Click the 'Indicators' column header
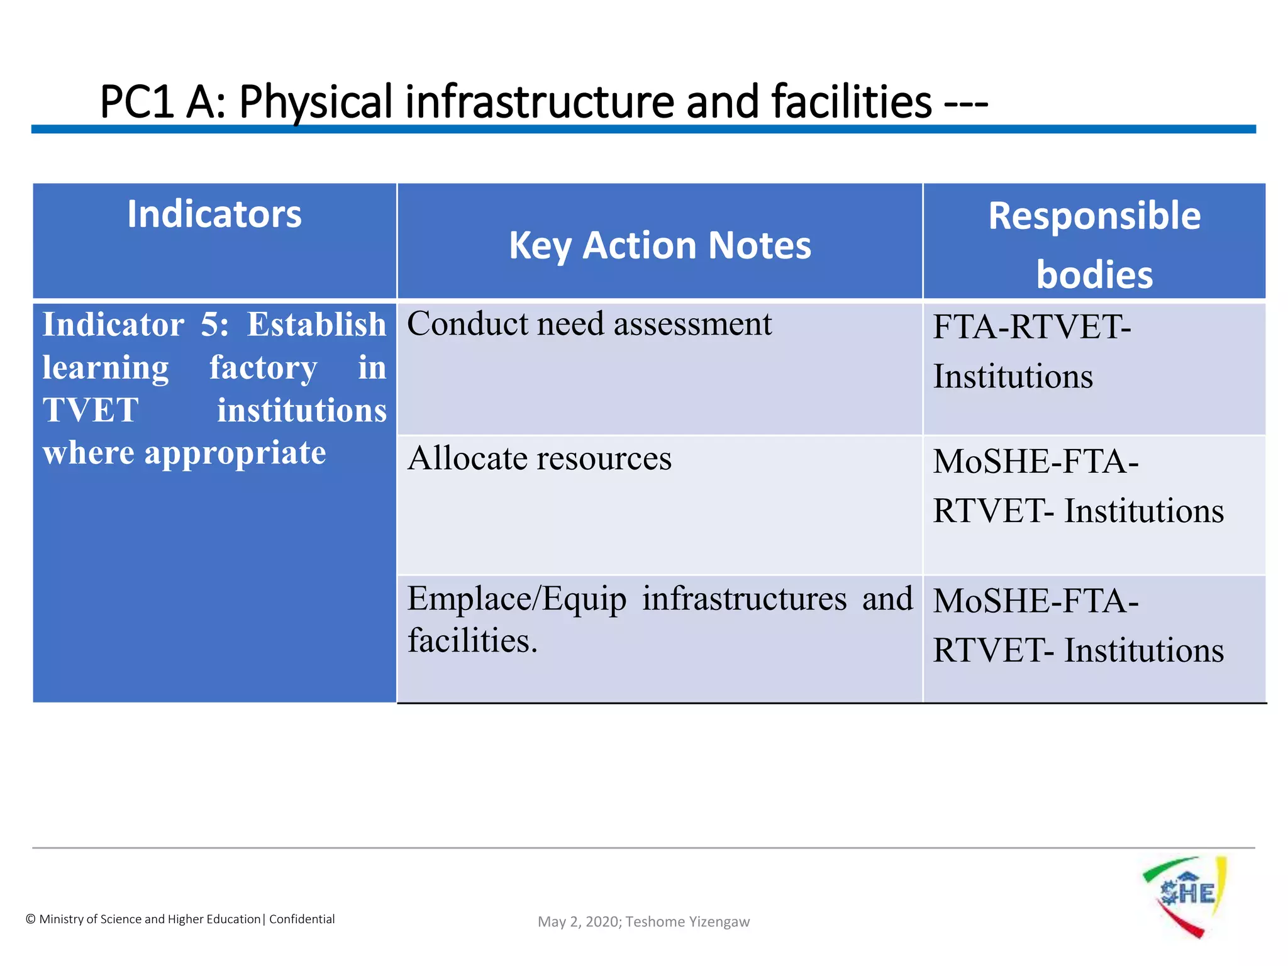[x=214, y=214]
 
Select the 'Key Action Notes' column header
[x=660, y=245]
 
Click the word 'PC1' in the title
[x=136, y=102]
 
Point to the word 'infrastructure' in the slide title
[x=540, y=102]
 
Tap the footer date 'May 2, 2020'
[x=578, y=922]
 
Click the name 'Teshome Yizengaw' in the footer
[x=687, y=922]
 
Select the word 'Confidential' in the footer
[x=302, y=919]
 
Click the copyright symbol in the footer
[x=30, y=919]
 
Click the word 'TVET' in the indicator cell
[x=91, y=411]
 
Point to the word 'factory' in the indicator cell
[x=263, y=368]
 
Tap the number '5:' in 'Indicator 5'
[x=214, y=325]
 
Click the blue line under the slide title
[x=643, y=129]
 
